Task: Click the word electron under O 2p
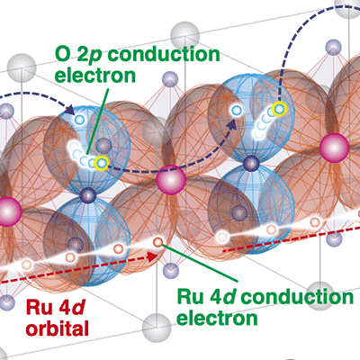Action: pos(95,76)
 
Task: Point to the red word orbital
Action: pos(57,328)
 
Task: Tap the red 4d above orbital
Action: pos(70,308)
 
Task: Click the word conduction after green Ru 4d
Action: pos(298,297)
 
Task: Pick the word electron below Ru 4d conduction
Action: pos(217,318)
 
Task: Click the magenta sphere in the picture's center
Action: pos(171,180)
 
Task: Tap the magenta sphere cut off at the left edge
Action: pos(10,211)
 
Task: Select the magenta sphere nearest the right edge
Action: pos(334,148)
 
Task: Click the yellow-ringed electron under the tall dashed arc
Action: pos(279,108)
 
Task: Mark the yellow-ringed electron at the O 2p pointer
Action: pos(102,164)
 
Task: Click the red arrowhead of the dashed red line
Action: pos(153,256)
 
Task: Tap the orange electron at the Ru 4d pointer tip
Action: pos(157,242)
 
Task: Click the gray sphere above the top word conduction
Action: pos(184,36)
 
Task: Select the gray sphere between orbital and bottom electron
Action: pos(157,328)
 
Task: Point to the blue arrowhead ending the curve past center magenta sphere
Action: pos(231,124)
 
